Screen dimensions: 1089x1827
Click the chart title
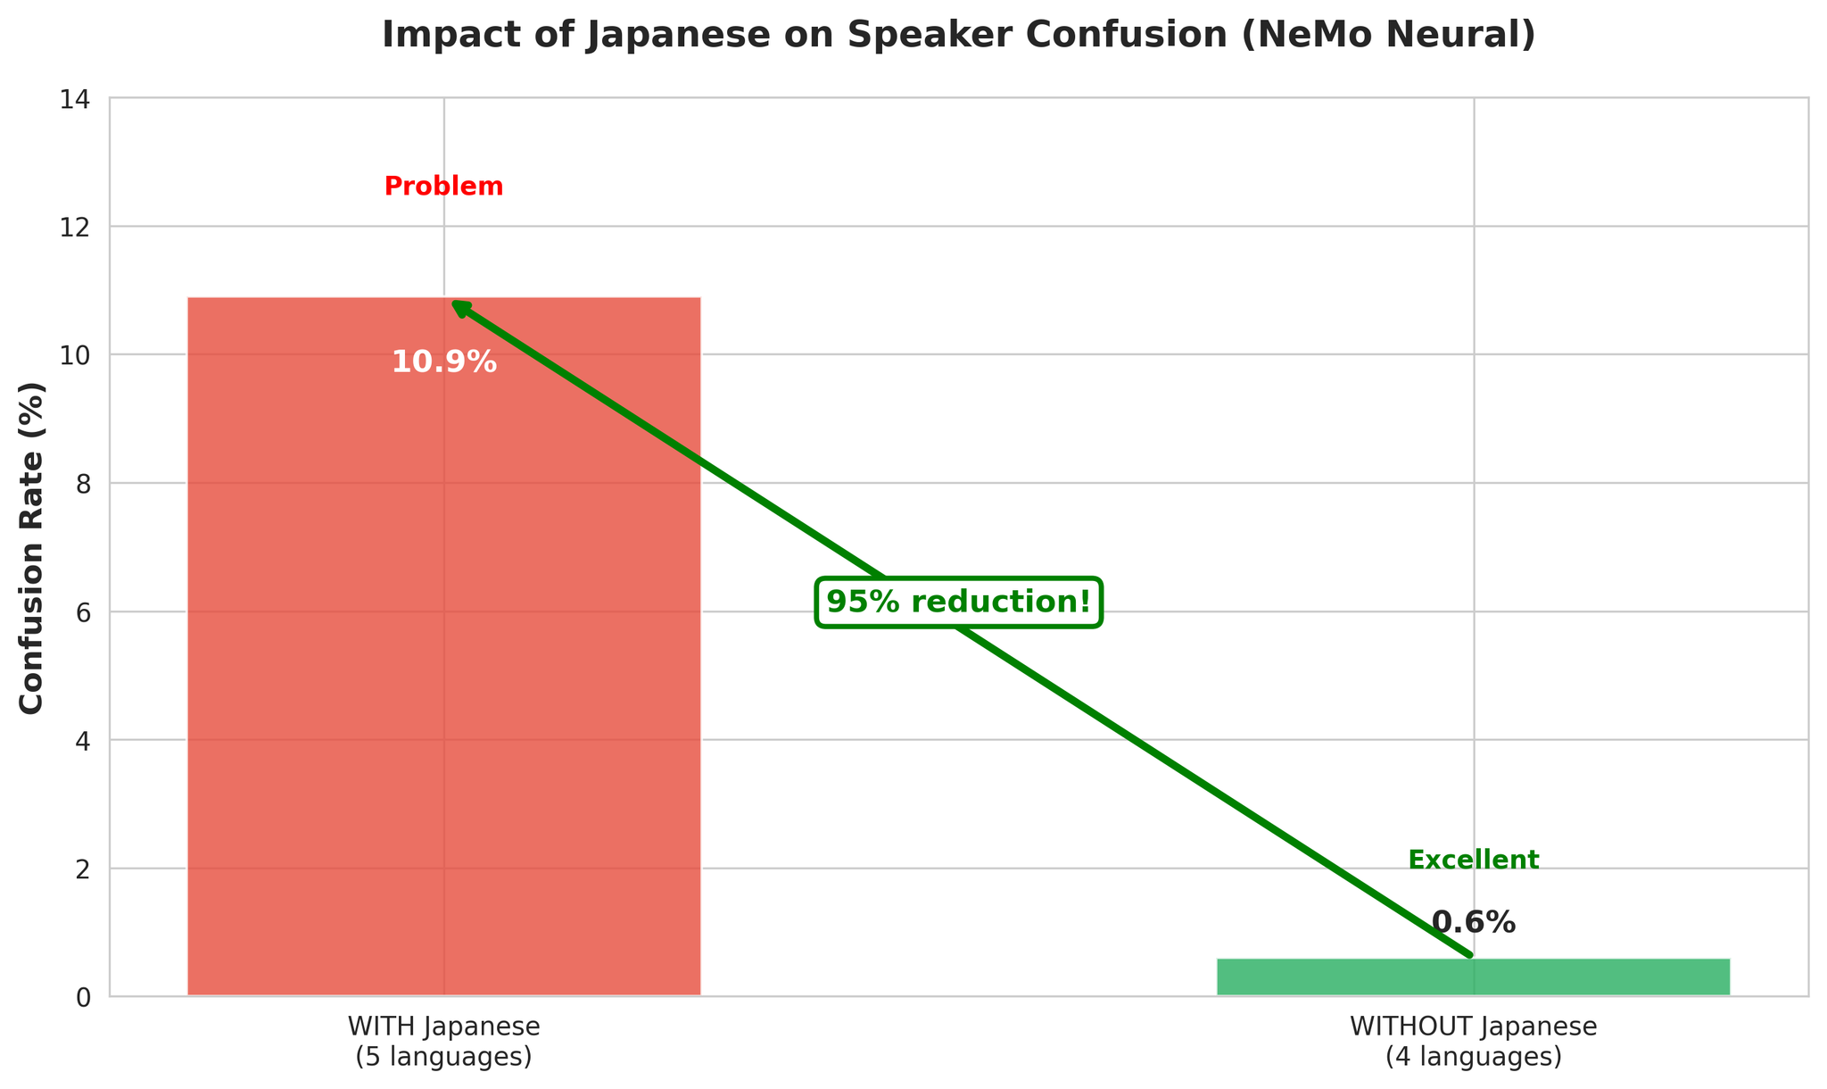[x=958, y=36]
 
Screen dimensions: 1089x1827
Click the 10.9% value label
[x=443, y=362]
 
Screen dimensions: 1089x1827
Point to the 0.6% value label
[x=1473, y=923]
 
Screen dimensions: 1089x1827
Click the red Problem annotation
[x=443, y=187]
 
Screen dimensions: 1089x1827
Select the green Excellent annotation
[x=1473, y=860]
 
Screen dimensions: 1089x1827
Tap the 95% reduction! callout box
[x=959, y=603]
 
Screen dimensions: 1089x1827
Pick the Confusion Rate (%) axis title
[x=32, y=548]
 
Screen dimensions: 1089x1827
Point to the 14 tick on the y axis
[x=79, y=98]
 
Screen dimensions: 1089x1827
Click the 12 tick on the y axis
[x=79, y=227]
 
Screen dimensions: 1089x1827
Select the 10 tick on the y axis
[x=79, y=355]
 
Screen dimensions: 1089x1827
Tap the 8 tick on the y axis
[x=85, y=484]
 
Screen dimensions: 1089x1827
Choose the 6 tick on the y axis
[x=85, y=612]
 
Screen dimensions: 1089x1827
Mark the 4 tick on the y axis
[x=85, y=741]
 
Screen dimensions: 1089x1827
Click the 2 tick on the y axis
[x=85, y=869]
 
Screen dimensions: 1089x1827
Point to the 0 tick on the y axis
[x=85, y=997]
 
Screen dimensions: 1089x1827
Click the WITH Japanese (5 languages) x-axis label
[x=443, y=1042]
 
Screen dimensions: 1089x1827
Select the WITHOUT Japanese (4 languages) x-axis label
[x=1473, y=1042]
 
